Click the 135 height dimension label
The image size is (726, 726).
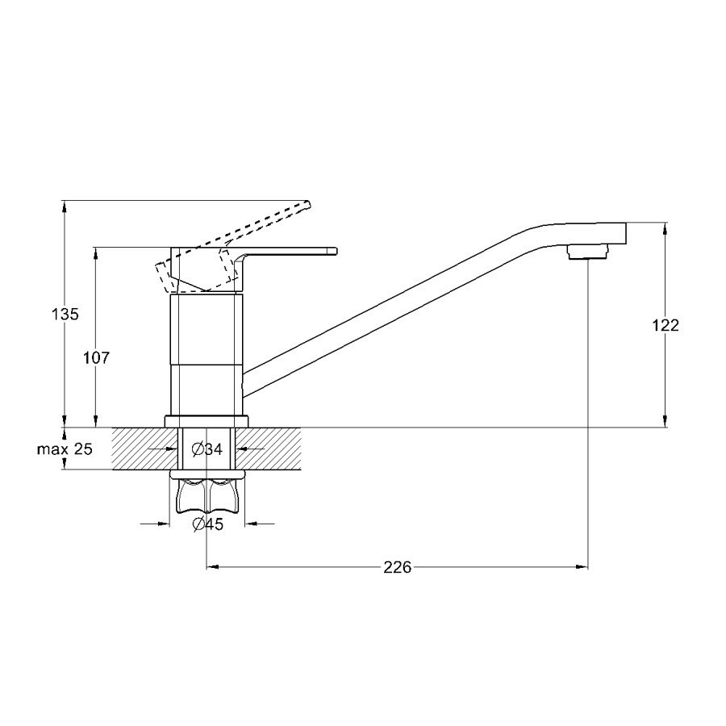click(65, 315)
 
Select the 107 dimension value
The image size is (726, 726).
click(96, 357)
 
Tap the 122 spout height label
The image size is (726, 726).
click(665, 326)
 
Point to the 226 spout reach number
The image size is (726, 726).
click(397, 567)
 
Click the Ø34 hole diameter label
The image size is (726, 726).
click(207, 449)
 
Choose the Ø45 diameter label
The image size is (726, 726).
click(208, 524)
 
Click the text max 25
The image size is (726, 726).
click(65, 449)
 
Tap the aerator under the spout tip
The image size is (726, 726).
click(588, 252)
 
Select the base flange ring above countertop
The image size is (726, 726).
click(207, 421)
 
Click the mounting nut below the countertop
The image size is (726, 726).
click(207, 497)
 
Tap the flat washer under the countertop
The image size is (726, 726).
click(207, 474)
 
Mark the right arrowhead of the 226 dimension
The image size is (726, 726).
click(582, 566)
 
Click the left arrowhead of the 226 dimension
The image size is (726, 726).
click(212, 566)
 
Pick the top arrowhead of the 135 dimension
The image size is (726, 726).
click(65, 207)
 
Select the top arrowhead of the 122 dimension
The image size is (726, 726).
click(665, 230)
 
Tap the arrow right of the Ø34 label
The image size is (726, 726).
click(249, 449)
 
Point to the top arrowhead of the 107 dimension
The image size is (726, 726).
click(96, 254)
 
